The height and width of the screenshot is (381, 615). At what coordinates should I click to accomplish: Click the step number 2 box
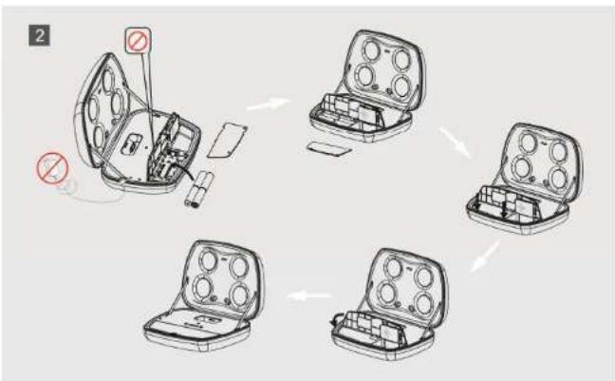tap(39, 35)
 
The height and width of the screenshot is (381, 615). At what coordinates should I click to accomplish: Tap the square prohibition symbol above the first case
tap(138, 41)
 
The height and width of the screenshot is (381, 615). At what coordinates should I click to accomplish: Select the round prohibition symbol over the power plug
tap(52, 168)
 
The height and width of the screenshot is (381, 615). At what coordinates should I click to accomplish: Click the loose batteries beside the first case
tap(199, 188)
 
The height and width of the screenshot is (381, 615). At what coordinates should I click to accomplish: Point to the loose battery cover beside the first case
tap(228, 141)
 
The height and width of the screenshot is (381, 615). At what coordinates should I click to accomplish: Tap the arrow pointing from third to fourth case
tap(485, 257)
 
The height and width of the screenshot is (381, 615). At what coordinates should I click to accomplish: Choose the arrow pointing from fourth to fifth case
tap(309, 295)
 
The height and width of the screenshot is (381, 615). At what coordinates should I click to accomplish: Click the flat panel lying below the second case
tap(328, 148)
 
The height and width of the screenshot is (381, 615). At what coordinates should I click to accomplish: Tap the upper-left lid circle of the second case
tap(371, 50)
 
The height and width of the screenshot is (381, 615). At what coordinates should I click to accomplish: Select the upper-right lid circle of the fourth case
tap(424, 276)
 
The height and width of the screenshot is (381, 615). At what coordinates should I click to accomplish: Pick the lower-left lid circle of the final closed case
tap(203, 288)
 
